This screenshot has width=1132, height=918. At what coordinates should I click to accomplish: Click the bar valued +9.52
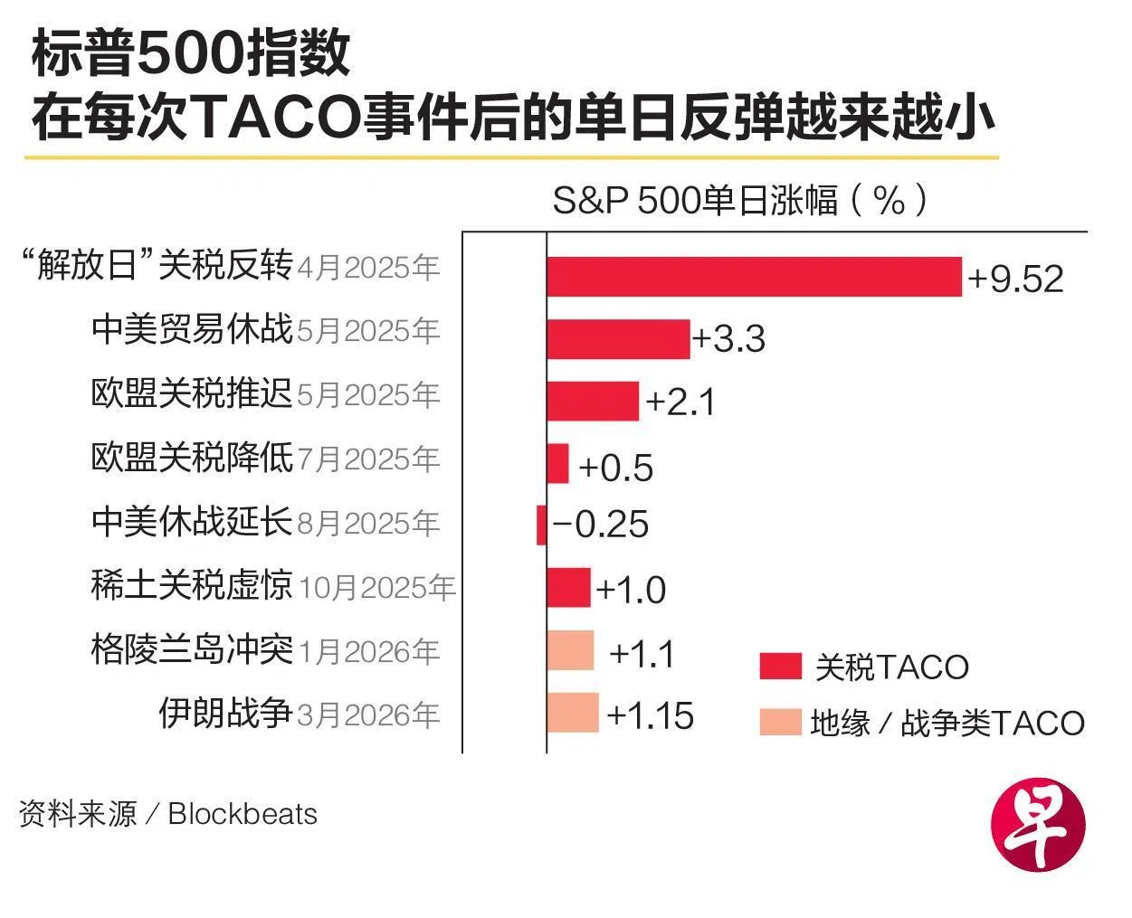coord(754,277)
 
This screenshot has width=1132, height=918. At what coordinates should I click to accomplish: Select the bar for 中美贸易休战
coord(618,339)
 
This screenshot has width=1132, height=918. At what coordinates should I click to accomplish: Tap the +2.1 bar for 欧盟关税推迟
coord(593,401)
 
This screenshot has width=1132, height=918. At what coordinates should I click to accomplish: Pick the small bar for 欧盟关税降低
coord(557,463)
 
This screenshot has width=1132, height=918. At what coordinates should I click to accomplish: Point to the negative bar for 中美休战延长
coord(542,525)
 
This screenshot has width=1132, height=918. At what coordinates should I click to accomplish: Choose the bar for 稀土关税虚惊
coord(568,588)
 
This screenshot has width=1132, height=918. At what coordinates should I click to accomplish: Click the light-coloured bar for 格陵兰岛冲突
coord(570,650)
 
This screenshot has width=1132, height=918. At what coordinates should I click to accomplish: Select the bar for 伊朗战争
coord(573,713)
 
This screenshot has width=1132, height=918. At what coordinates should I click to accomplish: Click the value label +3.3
coord(729,339)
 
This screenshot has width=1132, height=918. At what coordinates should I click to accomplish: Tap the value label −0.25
coord(601,525)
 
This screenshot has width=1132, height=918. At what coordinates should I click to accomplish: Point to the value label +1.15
coord(651,715)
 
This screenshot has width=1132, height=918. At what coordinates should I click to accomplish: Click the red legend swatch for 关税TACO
coord(780,667)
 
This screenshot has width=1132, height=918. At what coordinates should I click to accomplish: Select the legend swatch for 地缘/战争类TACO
coord(780,722)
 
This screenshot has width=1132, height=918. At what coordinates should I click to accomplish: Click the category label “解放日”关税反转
coord(157,266)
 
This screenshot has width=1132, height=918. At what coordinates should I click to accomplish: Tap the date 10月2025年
coord(376,588)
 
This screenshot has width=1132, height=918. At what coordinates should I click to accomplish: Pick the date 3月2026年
coord(368,715)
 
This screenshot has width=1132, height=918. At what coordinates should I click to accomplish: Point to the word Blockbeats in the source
coord(243,814)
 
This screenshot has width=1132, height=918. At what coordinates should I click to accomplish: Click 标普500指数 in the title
coord(190,54)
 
